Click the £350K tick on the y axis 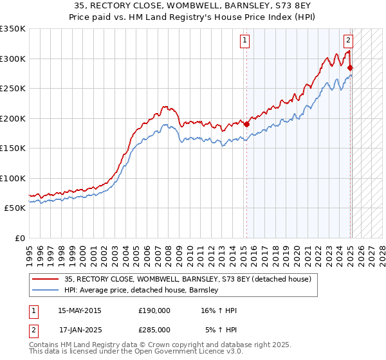point(13,29)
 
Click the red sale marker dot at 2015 point(247,125)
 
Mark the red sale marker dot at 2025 point(351,67)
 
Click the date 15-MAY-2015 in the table point(80,310)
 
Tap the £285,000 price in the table point(154,330)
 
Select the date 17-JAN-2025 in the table point(80,330)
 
